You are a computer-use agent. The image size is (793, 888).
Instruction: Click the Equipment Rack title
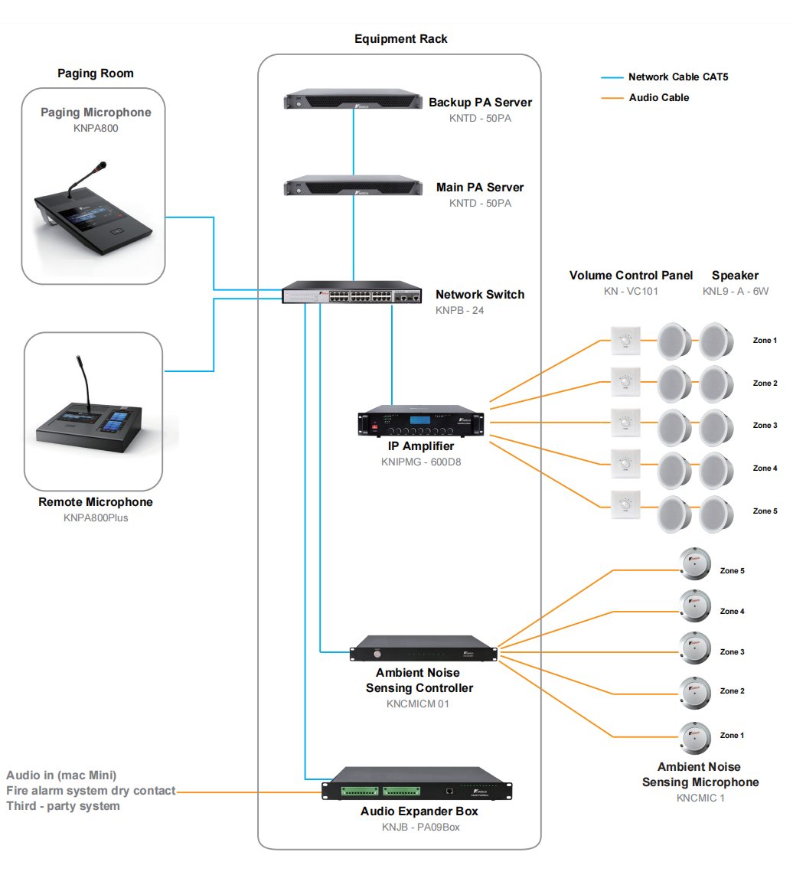(x=401, y=39)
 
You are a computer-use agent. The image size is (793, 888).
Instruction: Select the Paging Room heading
(x=96, y=73)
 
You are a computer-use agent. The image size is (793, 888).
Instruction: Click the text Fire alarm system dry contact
(x=91, y=791)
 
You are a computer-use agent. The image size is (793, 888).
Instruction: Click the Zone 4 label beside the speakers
(x=765, y=468)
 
